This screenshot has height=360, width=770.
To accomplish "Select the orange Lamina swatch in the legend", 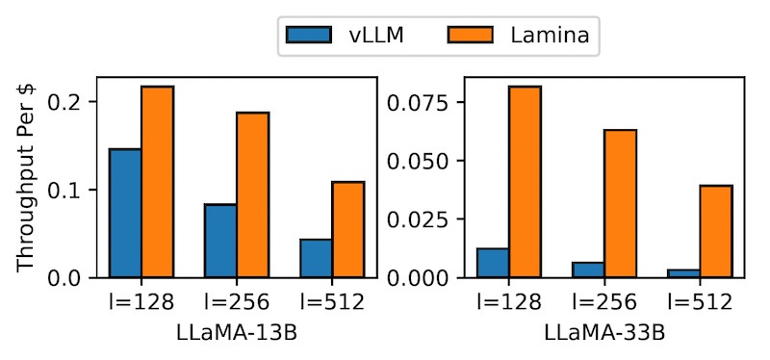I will [x=472, y=37].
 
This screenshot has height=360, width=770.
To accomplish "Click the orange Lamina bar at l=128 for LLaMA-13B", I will [x=158, y=182].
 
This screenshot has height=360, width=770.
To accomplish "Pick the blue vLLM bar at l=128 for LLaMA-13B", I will [x=126, y=213].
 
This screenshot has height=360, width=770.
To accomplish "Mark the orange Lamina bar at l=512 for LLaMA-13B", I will [x=348, y=229].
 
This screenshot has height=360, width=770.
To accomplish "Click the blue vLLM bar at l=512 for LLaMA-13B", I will [x=317, y=258].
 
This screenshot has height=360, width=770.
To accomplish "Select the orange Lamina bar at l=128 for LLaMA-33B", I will [x=526, y=182].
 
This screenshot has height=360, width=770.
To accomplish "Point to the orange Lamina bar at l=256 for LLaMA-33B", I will [x=621, y=203].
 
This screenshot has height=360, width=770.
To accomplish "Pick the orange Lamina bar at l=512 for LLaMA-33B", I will [x=716, y=231].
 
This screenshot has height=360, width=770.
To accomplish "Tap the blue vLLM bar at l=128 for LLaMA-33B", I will [x=494, y=263].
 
